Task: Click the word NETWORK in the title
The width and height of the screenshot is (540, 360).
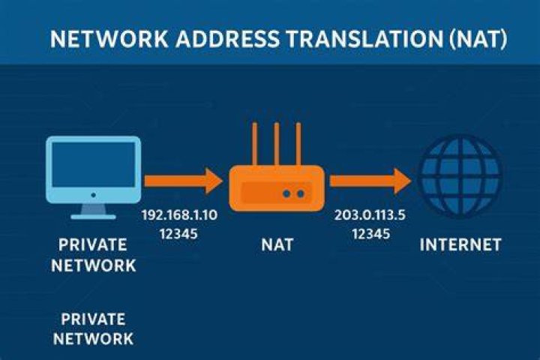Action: coord(109,38)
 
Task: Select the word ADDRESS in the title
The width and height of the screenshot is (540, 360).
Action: coord(228,38)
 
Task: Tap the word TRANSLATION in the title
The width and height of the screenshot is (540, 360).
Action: coord(365,38)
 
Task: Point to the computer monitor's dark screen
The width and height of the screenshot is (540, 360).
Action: coord(93,165)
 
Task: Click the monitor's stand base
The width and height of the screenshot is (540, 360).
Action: coord(93,217)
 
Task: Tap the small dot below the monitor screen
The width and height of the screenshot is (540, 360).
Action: coord(93,195)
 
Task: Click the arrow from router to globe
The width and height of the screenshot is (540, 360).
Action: coord(370,181)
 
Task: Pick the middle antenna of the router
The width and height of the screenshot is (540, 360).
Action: coord(276,145)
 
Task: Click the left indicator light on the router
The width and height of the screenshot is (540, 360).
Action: coord(286,193)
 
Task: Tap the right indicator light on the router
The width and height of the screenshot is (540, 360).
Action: coord(301,193)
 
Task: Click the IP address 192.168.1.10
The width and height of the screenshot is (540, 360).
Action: coord(179,215)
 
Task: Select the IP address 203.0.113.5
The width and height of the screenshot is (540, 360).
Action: coord(370,215)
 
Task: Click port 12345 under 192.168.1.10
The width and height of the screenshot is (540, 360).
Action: coord(178,234)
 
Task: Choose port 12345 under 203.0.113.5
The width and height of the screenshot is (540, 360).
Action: coord(371,234)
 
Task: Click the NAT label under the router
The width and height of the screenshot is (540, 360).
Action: coord(277,245)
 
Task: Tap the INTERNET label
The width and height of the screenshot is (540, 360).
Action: coord(460,245)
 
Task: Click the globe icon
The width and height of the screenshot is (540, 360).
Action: coord(460,176)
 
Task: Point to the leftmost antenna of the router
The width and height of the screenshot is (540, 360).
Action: coord(254,145)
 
